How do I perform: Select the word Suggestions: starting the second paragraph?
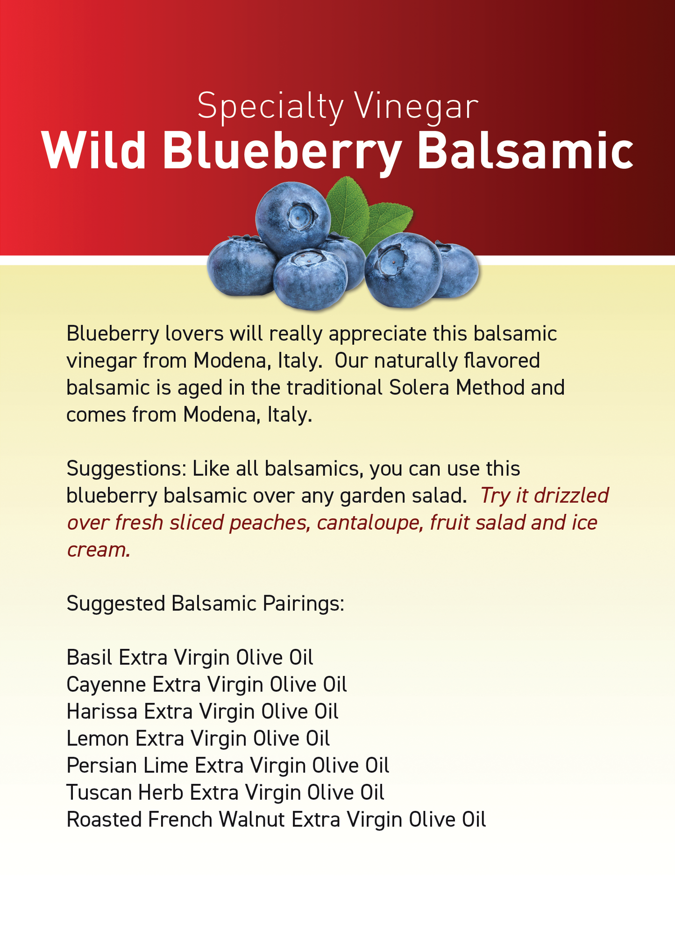[126, 469]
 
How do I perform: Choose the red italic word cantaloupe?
[370, 523]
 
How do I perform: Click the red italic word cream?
[99, 550]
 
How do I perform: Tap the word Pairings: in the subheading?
[304, 604]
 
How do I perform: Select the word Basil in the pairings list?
[90, 658]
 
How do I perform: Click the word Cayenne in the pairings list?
[107, 685]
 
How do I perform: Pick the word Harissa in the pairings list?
[102, 711]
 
